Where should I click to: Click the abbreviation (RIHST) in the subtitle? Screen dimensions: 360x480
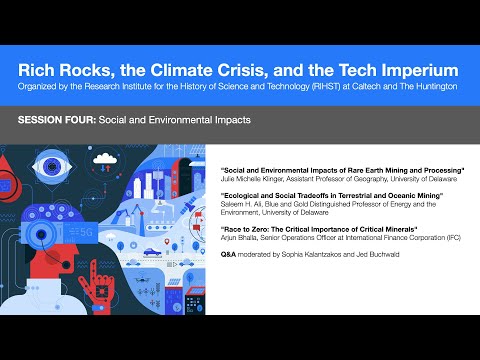(288, 87)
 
